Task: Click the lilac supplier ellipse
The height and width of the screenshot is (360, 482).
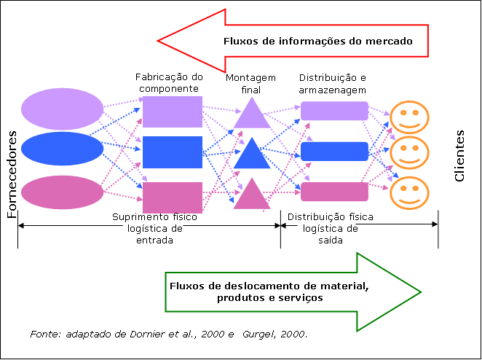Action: [x=63, y=107]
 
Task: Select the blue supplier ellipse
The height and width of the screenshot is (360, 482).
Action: [x=63, y=149]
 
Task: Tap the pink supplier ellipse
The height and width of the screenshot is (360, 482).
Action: [x=63, y=192]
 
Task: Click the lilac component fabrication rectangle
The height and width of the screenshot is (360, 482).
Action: [x=172, y=111]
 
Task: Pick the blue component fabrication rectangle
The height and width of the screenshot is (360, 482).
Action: [x=172, y=152]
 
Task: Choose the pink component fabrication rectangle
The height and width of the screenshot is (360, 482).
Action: [x=172, y=197]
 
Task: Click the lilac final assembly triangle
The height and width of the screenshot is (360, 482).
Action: [x=252, y=115]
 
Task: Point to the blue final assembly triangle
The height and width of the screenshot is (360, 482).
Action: [x=252, y=155]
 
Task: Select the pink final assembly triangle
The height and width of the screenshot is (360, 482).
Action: [x=252, y=195]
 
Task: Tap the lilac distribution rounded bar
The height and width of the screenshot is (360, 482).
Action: [x=335, y=111]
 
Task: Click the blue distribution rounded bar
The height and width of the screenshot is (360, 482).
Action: [x=335, y=151]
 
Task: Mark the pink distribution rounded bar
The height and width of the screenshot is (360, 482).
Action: [x=335, y=192]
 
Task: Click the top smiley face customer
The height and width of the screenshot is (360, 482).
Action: [x=410, y=116]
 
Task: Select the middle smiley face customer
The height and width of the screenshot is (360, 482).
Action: [x=410, y=152]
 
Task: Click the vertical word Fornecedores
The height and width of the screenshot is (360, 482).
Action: [x=12, y=175]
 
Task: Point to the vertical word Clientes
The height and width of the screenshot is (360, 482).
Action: [x=459, y=156]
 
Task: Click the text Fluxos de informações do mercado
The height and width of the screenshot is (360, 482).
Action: [x=317, y=42]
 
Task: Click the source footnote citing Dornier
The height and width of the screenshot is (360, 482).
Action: [x=169, y=334]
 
